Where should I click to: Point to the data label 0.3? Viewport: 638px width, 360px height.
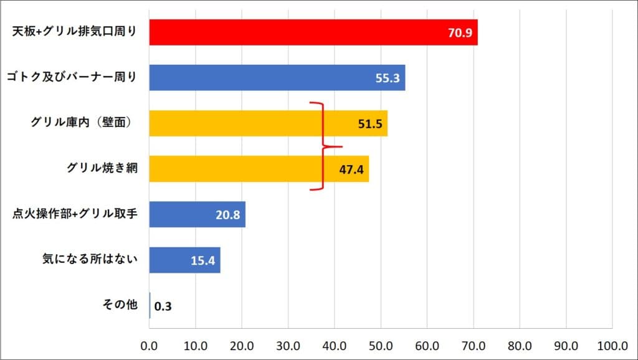163,306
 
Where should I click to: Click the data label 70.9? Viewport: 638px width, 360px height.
460,33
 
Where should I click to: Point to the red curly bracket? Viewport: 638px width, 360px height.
323,146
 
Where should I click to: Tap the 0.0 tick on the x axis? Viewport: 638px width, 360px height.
150,344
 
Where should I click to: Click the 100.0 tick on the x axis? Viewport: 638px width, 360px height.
611,344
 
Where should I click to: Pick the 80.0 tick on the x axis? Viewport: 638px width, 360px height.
519,344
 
